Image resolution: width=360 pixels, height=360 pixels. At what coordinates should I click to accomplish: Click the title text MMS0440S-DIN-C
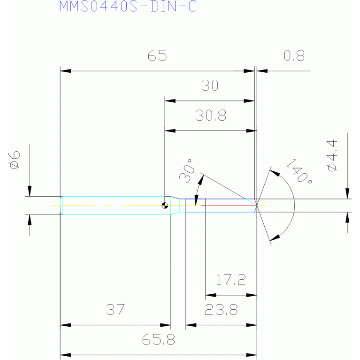tap(128, 7)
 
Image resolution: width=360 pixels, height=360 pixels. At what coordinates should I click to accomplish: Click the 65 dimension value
tap(157, 55)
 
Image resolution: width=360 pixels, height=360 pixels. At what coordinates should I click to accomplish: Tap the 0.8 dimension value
tap(294, 55)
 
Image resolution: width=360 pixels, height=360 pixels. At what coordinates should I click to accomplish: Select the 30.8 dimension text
tap(211, 115)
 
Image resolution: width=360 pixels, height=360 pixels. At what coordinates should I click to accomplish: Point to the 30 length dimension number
tap(210, 85)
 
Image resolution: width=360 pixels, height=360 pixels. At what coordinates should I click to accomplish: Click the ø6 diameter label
tap(15, 160)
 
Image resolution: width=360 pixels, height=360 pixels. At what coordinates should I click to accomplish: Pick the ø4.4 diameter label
tap(332, 155)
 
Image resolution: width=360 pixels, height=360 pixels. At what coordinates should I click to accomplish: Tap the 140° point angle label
tap(299, 171)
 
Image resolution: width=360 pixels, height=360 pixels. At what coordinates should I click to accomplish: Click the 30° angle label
tap(186, 170)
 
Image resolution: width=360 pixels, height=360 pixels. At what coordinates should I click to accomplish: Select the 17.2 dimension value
tap(231, 280)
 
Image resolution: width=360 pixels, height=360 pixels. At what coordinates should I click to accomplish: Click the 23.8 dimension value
tap(221, 309)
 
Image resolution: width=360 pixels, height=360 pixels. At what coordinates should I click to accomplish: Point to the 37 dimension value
tap(115, 309)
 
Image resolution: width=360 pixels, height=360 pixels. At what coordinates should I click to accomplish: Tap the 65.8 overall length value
tap(159, 339)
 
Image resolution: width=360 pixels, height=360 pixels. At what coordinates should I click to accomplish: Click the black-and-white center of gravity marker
tap(165, 205)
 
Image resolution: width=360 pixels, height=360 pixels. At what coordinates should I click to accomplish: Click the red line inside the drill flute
tap(231, 206)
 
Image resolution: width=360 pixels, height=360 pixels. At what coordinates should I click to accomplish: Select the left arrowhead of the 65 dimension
tap(65, 71)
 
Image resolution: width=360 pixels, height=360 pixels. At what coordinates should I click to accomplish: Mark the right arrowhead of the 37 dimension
tap(165, 325)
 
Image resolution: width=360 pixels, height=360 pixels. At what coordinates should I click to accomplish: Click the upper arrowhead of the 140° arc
tap(275, 173)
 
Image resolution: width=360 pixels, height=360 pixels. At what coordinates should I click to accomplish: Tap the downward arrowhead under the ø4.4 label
tap(347, 193)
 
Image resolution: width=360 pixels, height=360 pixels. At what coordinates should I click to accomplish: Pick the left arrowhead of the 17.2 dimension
tap(211, 295)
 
